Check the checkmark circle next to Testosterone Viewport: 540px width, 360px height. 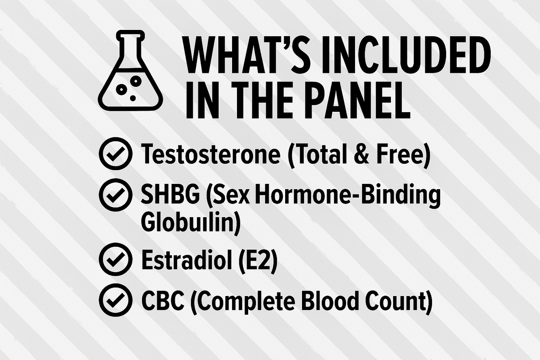[115, 154]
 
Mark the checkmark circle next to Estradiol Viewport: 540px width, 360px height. [115, 259]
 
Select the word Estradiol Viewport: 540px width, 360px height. [187, 259]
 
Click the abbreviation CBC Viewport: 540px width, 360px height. [163, 300]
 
